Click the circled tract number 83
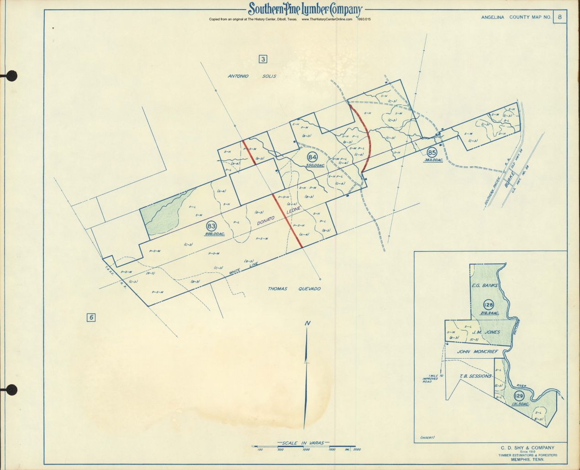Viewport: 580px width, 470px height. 211,226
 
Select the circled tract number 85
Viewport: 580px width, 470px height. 432,152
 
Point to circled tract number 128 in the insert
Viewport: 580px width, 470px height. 488,304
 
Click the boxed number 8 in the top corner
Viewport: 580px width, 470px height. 559,18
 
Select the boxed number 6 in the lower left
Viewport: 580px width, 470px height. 92,318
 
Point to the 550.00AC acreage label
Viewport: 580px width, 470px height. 315,165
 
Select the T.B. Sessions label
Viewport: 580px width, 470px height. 475,376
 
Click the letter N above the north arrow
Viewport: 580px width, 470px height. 308,324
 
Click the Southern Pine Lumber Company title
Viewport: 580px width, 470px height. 305,10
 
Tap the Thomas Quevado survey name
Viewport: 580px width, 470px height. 294,288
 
